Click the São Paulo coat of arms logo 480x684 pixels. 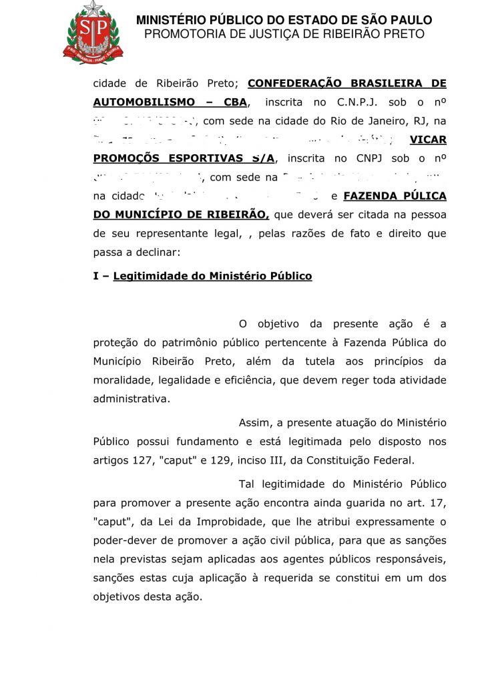[93, 31]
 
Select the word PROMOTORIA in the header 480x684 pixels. [182, 34]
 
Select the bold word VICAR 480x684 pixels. [428, 140]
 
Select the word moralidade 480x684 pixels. [124, 380]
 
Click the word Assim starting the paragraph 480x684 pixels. [253, 423]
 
